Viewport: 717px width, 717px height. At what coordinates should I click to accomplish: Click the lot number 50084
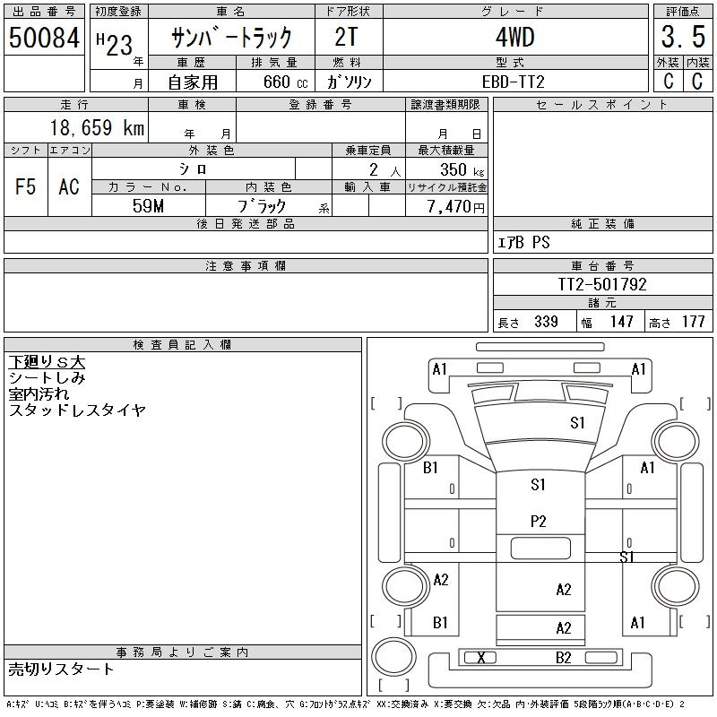[x=44, y=37]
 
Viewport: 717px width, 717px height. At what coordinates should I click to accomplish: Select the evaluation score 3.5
[x=683, y=37]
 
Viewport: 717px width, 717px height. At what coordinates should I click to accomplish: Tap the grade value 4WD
[x=515, y=37]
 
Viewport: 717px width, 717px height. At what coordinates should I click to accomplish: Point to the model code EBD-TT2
[x=514, y=82]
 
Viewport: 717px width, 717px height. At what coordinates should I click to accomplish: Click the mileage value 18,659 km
[x=97, y=127]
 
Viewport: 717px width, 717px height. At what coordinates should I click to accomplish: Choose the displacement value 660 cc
[x=286, y=82]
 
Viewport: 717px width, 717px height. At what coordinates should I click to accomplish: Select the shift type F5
[x=26, y=186]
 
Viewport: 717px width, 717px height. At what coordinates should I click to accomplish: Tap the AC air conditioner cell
[x=69, y=186]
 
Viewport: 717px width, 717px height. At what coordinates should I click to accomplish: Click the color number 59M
[x=148, y=206]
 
